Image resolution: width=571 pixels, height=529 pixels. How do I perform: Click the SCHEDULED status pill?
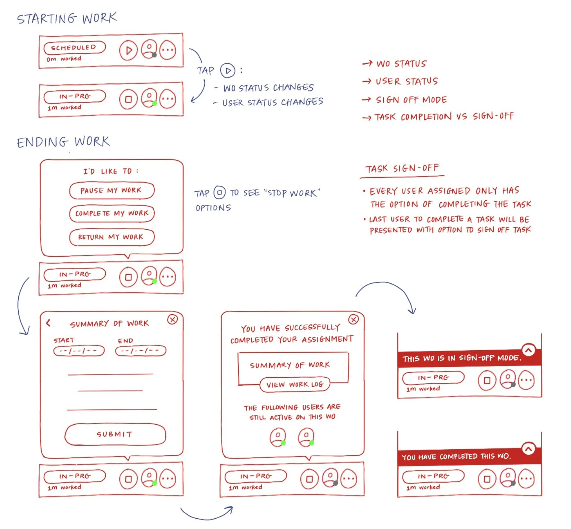click(75, 47)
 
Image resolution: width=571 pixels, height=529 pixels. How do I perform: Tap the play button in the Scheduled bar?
click(129, 51)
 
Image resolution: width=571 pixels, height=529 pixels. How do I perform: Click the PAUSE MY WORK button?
click(112, 191)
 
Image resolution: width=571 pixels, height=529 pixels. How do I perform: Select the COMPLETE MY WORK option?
click(112, 213)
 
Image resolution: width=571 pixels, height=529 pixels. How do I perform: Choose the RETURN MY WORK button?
click(112, 237)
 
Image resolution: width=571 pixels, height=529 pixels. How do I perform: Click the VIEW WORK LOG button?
click(295, 385)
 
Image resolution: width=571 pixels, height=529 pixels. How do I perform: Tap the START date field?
click(79, 351)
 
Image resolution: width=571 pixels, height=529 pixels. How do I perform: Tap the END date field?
click(140, 351)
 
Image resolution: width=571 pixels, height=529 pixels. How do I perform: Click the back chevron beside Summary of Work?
click(49, 323)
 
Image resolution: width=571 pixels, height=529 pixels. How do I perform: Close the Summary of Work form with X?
click(172, 319)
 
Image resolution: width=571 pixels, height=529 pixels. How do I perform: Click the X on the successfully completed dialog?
click(353, 319)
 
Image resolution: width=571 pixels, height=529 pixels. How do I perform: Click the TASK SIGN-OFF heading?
click(402, 169)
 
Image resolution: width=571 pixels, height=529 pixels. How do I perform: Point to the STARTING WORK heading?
click(67, 18)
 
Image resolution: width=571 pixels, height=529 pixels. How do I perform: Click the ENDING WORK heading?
click(63, 142)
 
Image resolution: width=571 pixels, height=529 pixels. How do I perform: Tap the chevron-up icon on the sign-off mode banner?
click(528, 351)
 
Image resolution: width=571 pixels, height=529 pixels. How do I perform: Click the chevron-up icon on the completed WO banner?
click(528, 449)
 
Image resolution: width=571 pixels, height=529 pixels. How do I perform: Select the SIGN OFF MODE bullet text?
click(411, 100)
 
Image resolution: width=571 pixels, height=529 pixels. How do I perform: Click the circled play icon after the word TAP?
click(228, 71)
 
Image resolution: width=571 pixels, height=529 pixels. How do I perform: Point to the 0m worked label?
click(64, 59)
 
